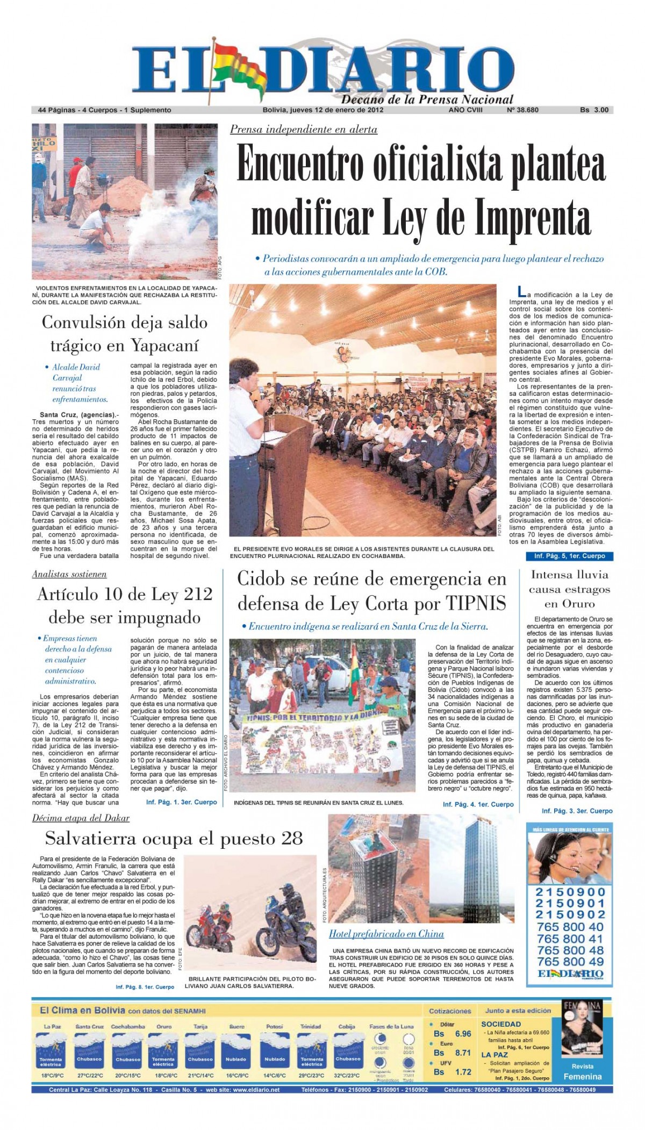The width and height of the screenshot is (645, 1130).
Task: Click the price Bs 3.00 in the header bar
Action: [594, 110]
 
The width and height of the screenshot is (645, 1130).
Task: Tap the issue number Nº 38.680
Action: [522, 110]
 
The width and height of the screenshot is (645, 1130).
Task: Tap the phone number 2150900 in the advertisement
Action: [570, 892]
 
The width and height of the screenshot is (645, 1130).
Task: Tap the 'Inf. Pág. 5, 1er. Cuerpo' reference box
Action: [569, 556]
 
